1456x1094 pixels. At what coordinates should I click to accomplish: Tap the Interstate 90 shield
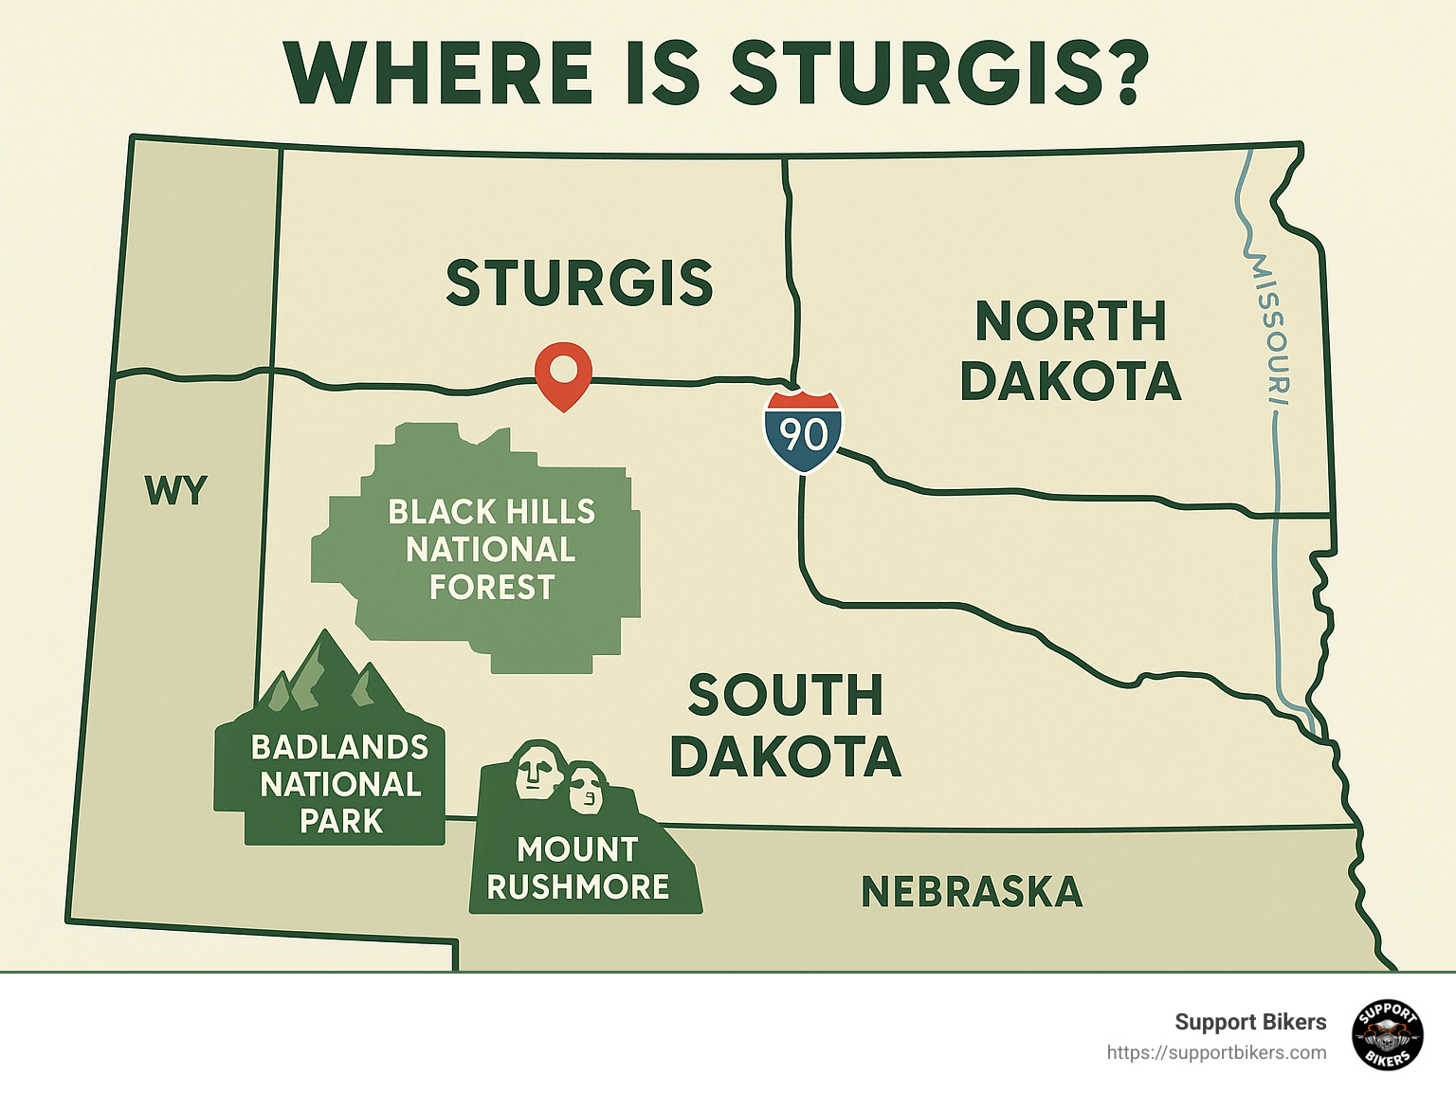[x=804, y=431]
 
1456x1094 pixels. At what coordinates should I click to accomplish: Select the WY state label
[x=176, y=491]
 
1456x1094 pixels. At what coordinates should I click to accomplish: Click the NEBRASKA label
[x=972, y=892]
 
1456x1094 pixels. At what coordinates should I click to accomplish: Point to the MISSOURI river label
[x=1270, y=327]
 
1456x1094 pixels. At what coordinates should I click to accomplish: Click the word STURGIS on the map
[x=579, y=283]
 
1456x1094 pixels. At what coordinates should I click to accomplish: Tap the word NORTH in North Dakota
[x=1071, y=322]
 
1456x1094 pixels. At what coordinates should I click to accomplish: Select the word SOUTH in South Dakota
[x=786, y=696]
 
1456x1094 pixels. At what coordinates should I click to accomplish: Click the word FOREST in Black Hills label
[x=492, y=588]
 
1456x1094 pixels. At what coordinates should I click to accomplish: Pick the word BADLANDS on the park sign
[x=340, y=747]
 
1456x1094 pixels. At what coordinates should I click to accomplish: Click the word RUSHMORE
[x=578, y=887]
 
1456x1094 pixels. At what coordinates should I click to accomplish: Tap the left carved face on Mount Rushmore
[x=536, y=767]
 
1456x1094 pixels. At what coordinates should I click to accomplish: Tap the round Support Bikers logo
[x=1388, y=1035]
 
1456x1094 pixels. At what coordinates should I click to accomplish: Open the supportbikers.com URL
[x=1216, y=1053]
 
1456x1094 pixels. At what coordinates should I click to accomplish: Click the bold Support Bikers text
[x=1250, y=1022]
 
